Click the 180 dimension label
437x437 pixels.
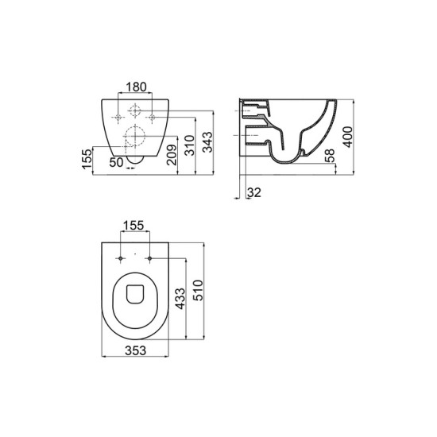pos(136,87)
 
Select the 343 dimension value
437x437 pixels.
pos(207,142)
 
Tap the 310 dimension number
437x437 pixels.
pos(190,145)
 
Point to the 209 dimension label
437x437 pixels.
pos(172,155)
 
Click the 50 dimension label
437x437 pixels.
pos(116,162)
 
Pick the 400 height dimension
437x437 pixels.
pos(348,137)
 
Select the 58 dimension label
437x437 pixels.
pos(330,156)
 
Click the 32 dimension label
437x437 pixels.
pos(254,192)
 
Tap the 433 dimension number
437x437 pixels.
pos(180,299)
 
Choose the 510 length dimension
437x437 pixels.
pos(199,290)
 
